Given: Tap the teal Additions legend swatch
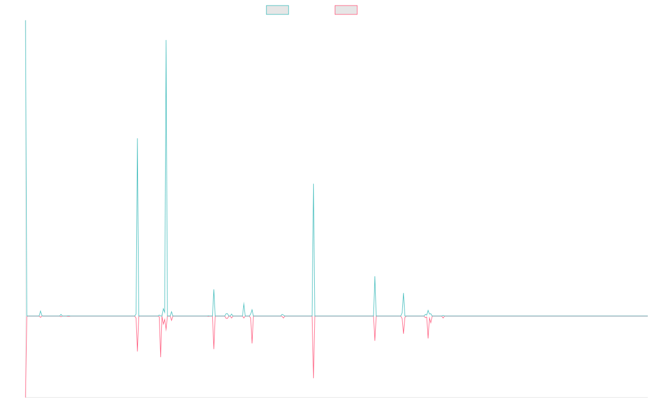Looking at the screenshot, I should pos(278,10).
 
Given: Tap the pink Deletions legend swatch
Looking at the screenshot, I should pos(346,10).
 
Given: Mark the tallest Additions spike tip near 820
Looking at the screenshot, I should pos(166,40).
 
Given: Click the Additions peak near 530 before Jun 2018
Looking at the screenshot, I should pos(137,139).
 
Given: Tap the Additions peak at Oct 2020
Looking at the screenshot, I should pos(314,184).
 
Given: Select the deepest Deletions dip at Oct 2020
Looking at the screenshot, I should pos(314,378).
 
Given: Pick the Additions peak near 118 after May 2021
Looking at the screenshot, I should pos(375,276).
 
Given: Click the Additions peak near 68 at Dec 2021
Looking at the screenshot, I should pos(403,293).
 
